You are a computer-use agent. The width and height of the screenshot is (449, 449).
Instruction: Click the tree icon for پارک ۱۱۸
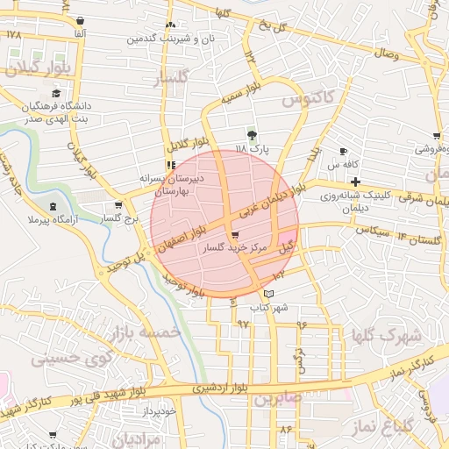253,135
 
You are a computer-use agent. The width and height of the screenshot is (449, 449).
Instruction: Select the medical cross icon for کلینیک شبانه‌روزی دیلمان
353,182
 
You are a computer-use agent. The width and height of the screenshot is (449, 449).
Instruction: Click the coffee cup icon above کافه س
343,152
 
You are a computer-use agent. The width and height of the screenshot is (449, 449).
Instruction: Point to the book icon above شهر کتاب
268,293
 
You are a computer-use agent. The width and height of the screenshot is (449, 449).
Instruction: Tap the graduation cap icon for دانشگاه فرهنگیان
57,94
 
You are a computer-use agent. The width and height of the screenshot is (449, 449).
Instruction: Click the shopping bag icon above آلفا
81,21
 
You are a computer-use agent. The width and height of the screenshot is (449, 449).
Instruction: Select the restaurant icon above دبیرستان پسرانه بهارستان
170,164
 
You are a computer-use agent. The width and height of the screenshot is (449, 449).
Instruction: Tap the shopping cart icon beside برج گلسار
118,205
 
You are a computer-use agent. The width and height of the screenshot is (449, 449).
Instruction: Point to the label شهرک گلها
386,335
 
